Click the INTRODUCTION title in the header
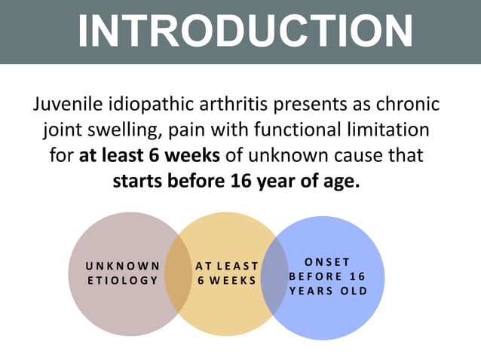(x=245, y=31)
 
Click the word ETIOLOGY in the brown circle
(x=123, y=280)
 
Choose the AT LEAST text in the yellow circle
(x=227, y=266)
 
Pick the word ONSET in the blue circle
(x=328, y=262)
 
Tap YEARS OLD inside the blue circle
(x=328, y=291)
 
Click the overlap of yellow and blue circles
(x=274, y=274)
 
